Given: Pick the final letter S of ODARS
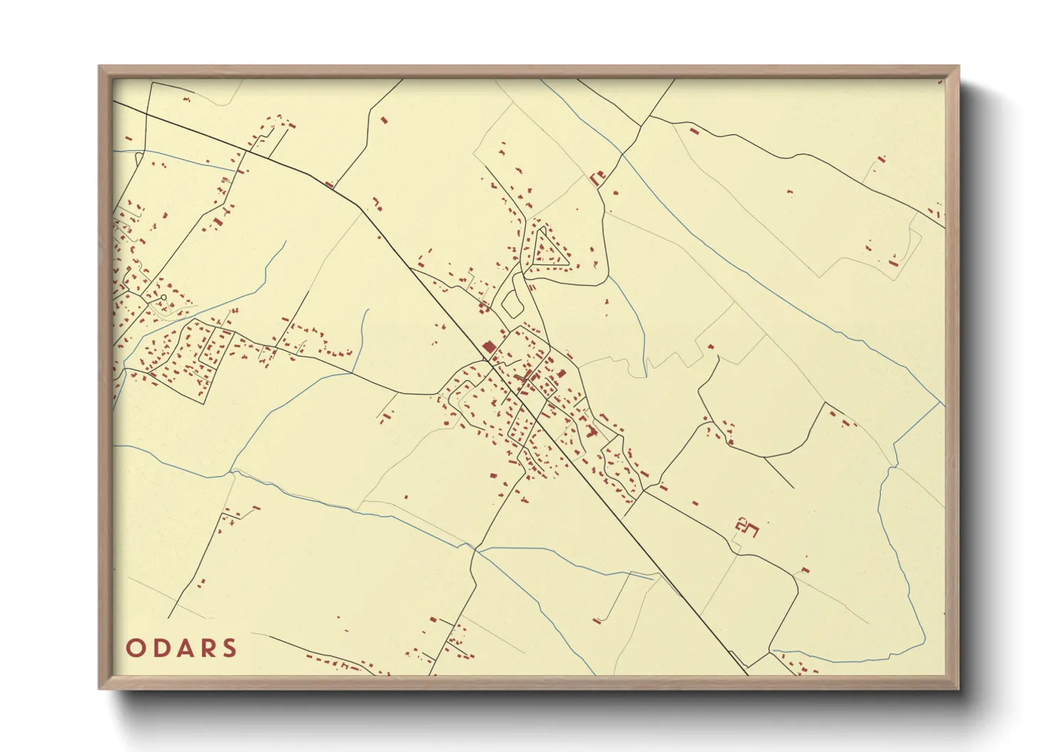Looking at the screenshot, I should (x=228, y=648).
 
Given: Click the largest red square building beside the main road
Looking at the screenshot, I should (x=488, y=346).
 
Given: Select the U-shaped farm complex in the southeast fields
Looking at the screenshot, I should (x=747, y=527).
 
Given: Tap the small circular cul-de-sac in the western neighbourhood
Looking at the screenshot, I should (x=163, y=297).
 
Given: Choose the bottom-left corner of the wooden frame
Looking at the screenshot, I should (x=100, y=687).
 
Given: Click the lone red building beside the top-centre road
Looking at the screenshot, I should (x=385, y=120).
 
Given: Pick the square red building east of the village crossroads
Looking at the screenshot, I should (x=562, y=373).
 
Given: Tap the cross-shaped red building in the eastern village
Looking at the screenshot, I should (x=590, y=431).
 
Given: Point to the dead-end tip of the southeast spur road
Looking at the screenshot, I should (x=793, y=488).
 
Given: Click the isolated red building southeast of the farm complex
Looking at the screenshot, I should (x=805, y=569).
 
